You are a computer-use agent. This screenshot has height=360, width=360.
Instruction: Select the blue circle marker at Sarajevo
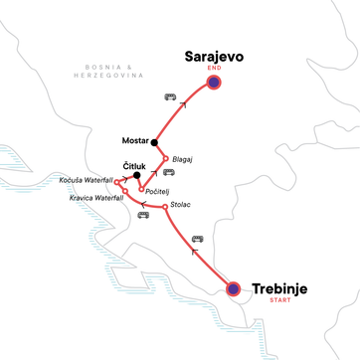pyautogui.click(x=212, y=83)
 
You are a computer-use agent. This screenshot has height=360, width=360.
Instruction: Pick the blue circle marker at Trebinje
pyautogui.click(x=233, y=289)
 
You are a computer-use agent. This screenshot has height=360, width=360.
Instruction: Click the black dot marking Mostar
pyautogui.click(x=155, y=141)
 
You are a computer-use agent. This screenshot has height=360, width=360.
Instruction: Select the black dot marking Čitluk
pyautogui.click(x=136, y=175)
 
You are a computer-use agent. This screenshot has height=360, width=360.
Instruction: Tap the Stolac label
pyautogui.click(x=181, y=205)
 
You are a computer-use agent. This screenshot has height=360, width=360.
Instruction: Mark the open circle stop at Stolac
pyautogui.click(x=163, y=207)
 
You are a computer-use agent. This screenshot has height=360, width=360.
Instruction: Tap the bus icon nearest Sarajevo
pyautogui.click(x=170, y=97)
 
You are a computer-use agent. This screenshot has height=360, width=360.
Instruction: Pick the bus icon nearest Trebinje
pyautogui.click(x=197, y=238)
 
